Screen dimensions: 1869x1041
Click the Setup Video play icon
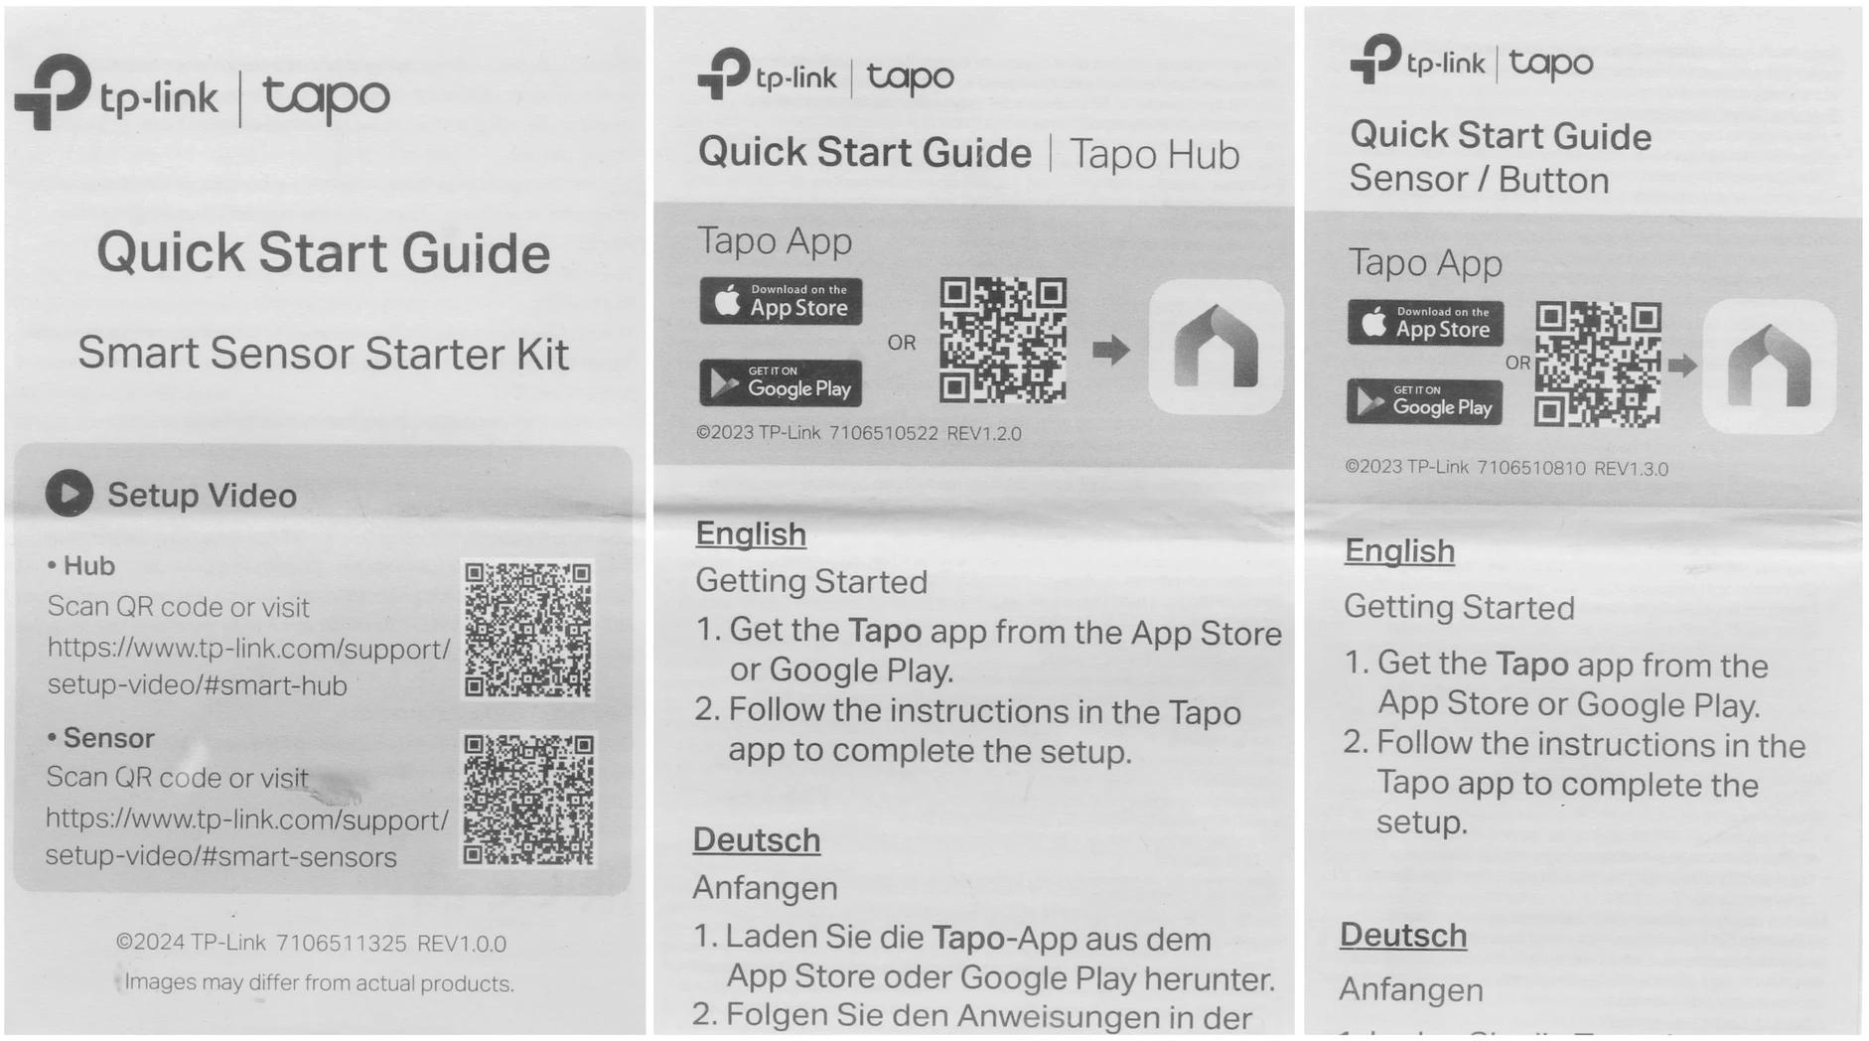pyautogui.click(x=70, y=493)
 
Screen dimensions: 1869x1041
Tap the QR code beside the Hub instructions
pyautogui.click(x=528, y=630)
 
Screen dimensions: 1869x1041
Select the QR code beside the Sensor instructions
pyautogui.click(x=528, y=800)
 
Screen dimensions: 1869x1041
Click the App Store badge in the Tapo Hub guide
pyautogui.click(x=781, y=301)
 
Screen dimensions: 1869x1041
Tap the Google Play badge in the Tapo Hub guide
pyautogui.click(x=781, y=382)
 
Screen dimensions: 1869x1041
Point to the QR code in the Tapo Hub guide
pyautogui.click(x=1003, y=341)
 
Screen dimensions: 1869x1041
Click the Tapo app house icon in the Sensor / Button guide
pyautogui.click(x=1769, y=367)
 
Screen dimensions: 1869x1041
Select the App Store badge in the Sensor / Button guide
pyautogui.click(x=1425, y=323)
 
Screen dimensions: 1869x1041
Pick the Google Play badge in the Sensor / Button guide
pyautogui.click(x=1425, y=401)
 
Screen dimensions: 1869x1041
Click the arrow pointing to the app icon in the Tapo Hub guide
pyautogui.click(x=1111, y=350)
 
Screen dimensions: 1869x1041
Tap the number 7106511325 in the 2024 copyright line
pyautogui.click(x=341, y=943)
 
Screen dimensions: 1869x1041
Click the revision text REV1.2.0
pyautogui.click(x=984, y=433)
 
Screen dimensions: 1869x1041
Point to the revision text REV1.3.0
pyautogui.click(x=1631, y=469)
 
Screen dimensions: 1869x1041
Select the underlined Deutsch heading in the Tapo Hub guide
pyautogui.click(x=757, y=840)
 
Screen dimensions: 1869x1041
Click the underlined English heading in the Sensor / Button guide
pyautogui.click(x=1399, y=551)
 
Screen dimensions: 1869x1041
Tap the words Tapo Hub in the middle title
pyautogui.click(x=1155, y=155)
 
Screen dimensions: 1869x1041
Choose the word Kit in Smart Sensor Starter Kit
pyautogui.click(x=541, y=354)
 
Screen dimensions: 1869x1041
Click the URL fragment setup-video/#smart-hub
pyautogui.click(x=197, y=685)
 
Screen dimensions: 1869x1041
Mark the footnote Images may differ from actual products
pyautogui.click(x=319, y=983)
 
